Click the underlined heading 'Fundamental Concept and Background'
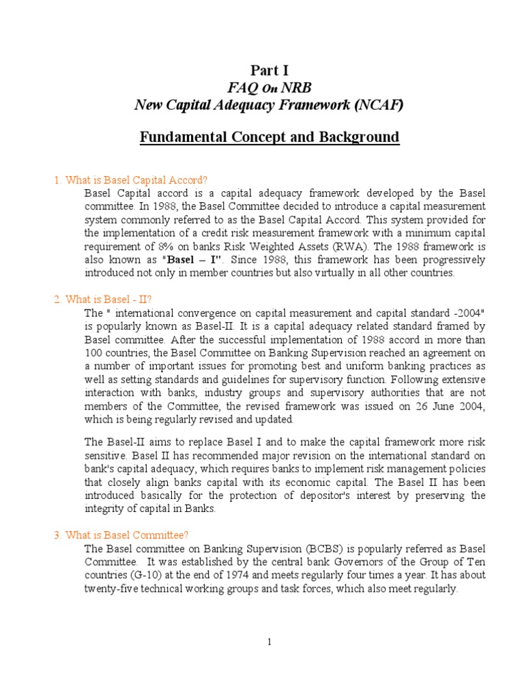pyautogui.click(x=269, y=137)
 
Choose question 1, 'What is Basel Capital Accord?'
pyautogui.click(x=130, y=180)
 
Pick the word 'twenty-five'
pyautogui.click(x=111, y=588)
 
